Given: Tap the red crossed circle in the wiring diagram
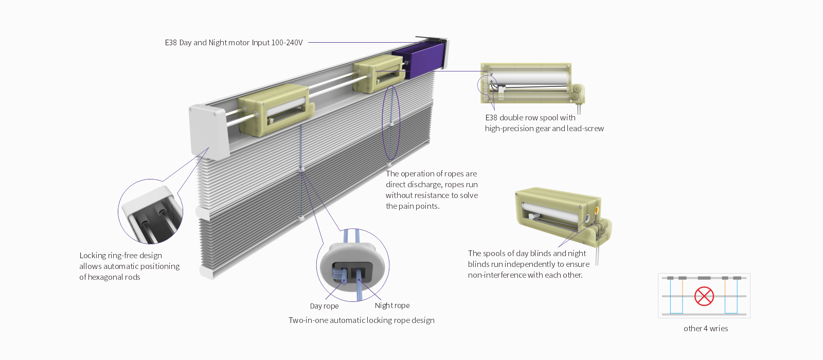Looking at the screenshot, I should click(704, 296).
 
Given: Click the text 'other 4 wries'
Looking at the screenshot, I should click(706, 329).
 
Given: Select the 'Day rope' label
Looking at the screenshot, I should click(324, 306).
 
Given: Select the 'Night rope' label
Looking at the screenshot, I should click(392, 305).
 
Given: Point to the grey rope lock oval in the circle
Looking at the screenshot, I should click(352, 267).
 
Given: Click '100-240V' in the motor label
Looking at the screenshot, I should click(287, 43).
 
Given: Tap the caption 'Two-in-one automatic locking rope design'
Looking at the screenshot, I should click(361, 320).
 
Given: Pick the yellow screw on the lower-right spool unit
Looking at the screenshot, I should click(596, 210).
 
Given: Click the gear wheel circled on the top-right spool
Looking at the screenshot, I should click(486, 85).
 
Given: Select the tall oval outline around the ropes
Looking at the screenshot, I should click(391, 123).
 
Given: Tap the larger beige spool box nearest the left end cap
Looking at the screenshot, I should click(275, 108).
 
